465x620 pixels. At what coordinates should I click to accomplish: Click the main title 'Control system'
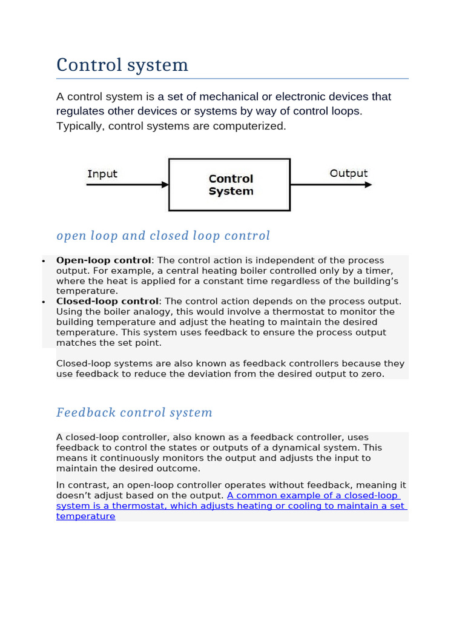(x=122, y=65)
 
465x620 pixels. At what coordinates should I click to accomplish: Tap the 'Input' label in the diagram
(x=102, y=174)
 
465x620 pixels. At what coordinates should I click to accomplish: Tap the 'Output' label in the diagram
(x=348, y=173)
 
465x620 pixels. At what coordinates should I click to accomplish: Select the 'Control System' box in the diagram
(x=229, y=185)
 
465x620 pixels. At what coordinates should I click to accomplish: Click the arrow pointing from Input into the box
(x=127, y=185)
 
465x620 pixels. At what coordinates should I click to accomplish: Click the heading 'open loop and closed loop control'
(x=163, y=236)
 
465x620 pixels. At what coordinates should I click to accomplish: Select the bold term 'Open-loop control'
(x=103, y=260)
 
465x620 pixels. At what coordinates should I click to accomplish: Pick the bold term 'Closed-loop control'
(x=107, y=302)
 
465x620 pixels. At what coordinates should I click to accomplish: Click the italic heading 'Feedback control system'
(x=134, y=412)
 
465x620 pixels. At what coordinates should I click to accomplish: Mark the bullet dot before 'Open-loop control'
(x=44, y=261)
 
